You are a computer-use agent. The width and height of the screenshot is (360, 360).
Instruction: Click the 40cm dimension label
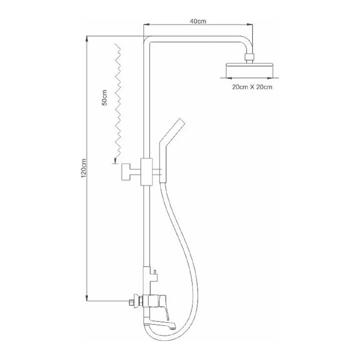pyautogui.click(x=198, y=21)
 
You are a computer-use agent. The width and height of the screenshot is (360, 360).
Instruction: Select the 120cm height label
pyautogui.click(x=84, y=168)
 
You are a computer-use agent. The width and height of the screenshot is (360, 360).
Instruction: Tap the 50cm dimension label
pyautogui.click(x=104, y=97)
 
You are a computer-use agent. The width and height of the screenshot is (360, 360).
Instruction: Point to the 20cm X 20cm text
pyautogui.click(x=252, y=87)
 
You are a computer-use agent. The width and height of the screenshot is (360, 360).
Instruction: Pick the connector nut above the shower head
pyautogui.click(x=249, y=57)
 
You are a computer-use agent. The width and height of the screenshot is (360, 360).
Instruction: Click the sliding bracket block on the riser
pyautogui.click(x=147, y=171)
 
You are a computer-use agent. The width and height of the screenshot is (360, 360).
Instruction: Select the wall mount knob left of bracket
pyautogui.click(x=125, y=171)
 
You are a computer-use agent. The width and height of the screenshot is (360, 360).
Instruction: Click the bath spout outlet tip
pyautogui.click(x=174, y=326)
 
